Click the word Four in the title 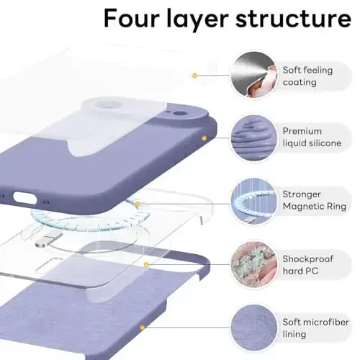132,19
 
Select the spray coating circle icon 252,75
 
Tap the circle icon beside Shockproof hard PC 252,263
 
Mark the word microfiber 321,321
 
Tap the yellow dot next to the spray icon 194,75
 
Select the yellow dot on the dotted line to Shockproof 146,264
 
